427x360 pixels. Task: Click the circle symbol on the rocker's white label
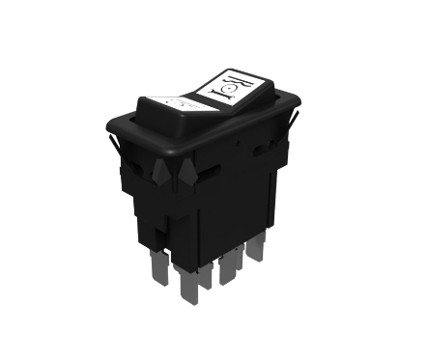tap(231, 91)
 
